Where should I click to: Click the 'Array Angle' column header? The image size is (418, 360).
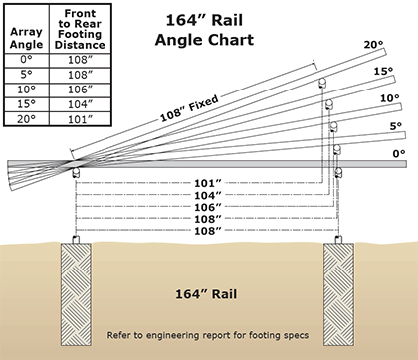pyautogui.click(x=26, y=38)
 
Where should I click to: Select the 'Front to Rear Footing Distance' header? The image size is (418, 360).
pyautogui.click(x=80, y=29)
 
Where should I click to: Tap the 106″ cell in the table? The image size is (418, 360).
pyautogui.click(x=80, y=90)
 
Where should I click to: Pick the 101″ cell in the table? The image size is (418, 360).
pyautogui.click(x=80, y=119)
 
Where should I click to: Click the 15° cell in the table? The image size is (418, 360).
pyautogui.click(x=26, y=104)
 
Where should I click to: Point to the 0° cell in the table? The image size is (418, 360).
pyautogui.click(x=26, y=60)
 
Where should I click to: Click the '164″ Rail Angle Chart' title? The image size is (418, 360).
pyautogui.click(x=204, y=30)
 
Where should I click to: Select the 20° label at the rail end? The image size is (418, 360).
pyautogui.click(x=373, y=44)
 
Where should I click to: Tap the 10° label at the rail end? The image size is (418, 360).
pyautogui.click(x=389, y=98)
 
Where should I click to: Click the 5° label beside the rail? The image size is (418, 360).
pyautogui.click(x=395, y=126)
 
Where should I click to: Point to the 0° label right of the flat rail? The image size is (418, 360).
pyautogui.click(x=399, y=154)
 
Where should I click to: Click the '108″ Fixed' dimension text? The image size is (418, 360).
pyautogui.click(x=189, y=108)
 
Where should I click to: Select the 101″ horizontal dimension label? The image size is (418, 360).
pyautogui.click(x=208, y=183)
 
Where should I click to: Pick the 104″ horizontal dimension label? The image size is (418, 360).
pyautogui.click(x=208, y=195)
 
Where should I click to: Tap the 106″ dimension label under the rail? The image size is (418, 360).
pyautogui.click(x=208, y=207)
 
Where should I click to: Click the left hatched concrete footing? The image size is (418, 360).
pyautogui.click(x=76, y=294)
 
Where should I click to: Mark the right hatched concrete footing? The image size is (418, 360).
pyautogui.click(x=338, y=294)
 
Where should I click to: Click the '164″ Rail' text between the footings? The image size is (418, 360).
pyautogui.click(x=206, y=294)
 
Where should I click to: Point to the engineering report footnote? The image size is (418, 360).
pyautogui.click(x=208, y=335)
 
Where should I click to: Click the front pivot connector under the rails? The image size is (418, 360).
pyautogui.click(x=76, y=172)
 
